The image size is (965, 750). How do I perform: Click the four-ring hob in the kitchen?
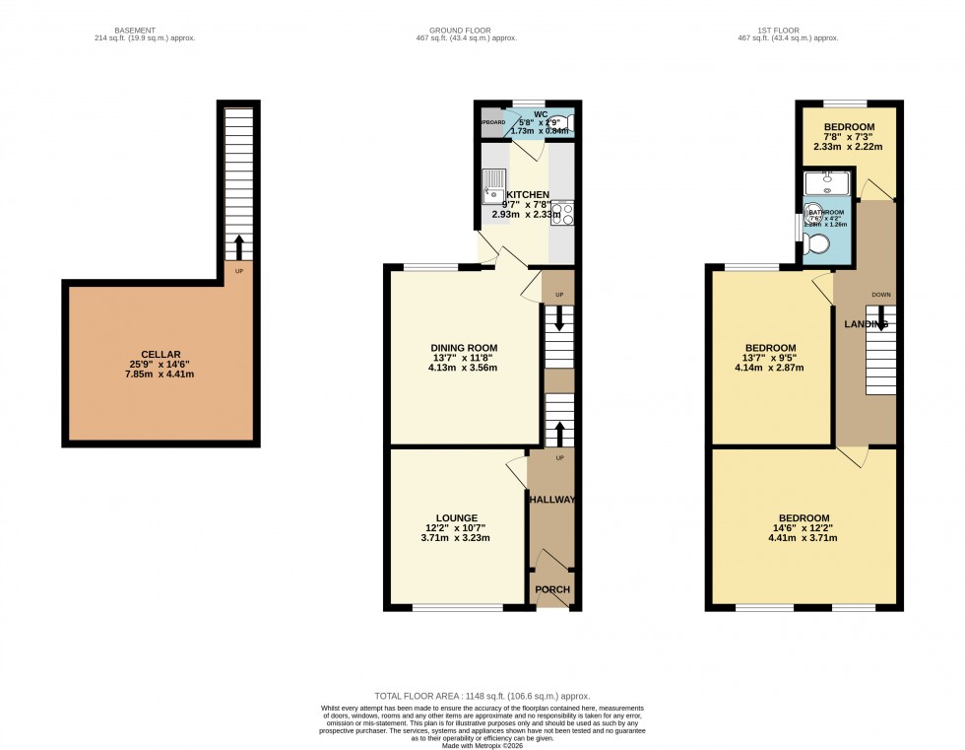tap(561, 214)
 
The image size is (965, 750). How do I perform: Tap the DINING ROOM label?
tap(463, 348)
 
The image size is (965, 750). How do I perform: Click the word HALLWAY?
tap(551, 500)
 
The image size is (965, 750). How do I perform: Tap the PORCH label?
tap(551, 589)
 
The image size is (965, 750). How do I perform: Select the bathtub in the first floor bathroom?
tap(826, 183)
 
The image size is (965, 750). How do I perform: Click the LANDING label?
tap(866, 324)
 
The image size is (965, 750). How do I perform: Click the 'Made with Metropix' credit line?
tap(482, 745)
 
